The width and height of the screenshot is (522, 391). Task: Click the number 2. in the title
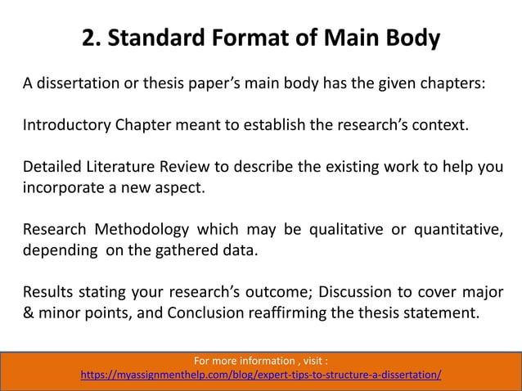(93, 38)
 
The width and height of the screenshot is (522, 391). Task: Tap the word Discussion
(356, 292)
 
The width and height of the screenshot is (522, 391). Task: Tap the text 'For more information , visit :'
(261, 360)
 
